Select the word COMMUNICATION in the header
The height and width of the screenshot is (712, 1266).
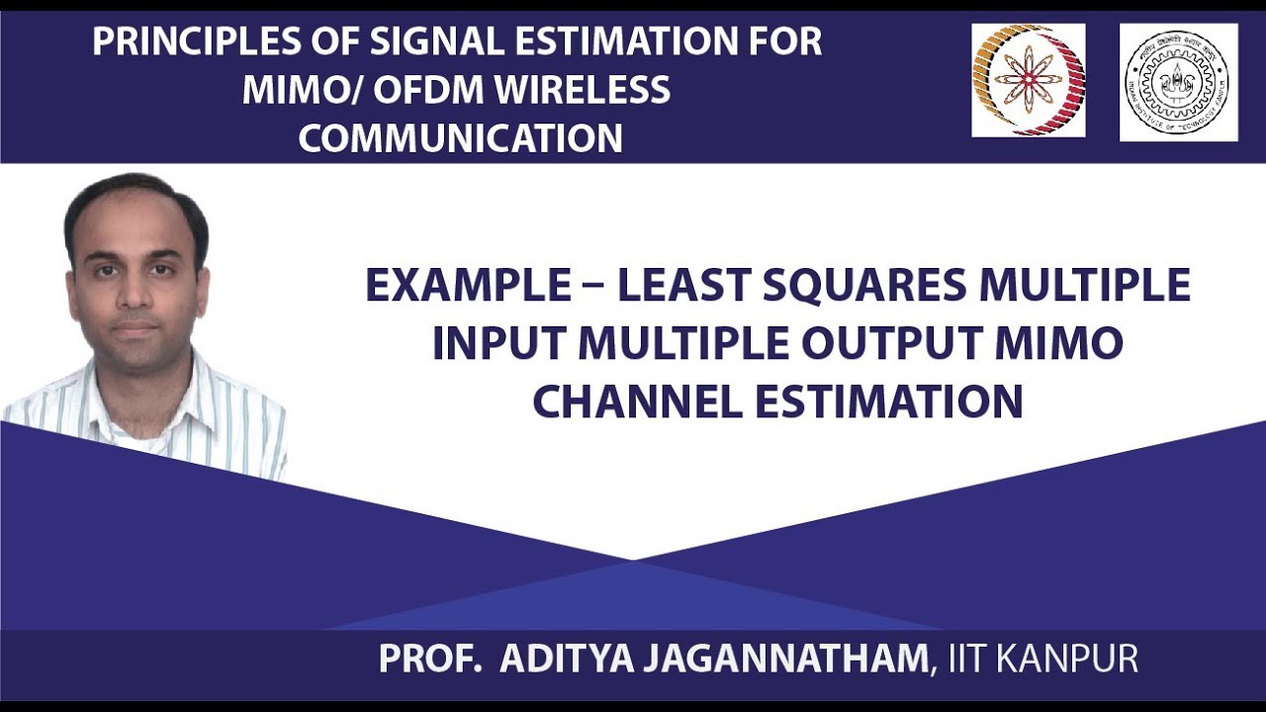click(x=461, y=138)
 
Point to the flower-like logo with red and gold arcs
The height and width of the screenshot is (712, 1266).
click(x=1028, y=80)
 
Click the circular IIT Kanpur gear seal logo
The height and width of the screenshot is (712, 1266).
click(x=1177, y=82)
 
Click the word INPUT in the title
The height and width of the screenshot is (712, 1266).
click(x=497, y=344)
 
